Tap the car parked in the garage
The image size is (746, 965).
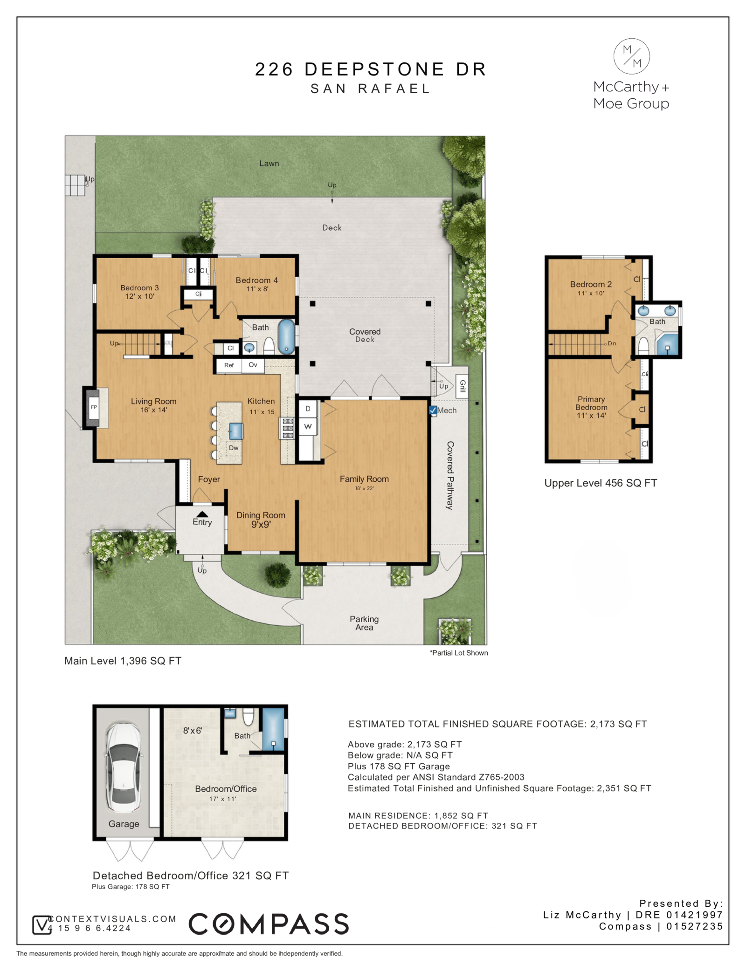pyautogui.click(x=124, y=767)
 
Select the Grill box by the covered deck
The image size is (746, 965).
pyautogui.click(x=462, y=386)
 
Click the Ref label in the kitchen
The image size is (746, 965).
pyautogui.click(x=229, y=365)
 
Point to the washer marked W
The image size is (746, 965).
pyautogui.click(x=308, y=426)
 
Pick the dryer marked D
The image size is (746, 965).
pyautogui.click(x=308, y=409)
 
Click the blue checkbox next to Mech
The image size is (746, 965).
pyautogui.click(x=433, y=411)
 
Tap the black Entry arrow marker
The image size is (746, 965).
pyautogui.click(x=202, y=514)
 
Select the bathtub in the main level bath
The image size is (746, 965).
pyautogui.click(x=286, y=336)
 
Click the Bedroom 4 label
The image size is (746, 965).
pyautogui.click(x=256, y=280)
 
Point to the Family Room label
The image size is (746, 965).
pyautogui.click(x=364, y=479)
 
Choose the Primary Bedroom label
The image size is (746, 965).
pyautogui.click(x=591, y=403)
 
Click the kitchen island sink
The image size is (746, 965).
pyautogui.click(x=236, y=431)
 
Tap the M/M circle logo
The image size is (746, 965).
pyautogui.click(x=631, y=56)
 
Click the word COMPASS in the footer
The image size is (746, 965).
pyautogui.click(x=269, y=924)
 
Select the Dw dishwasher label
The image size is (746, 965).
pyautogui.click(x=234, y=448)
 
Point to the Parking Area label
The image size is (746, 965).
pyautogui.click(x=364, y=623)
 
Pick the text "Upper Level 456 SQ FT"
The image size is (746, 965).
pyautogui.click(x=601, y=483)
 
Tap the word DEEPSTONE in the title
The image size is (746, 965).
pyautogui.click(x=374, y=69)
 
